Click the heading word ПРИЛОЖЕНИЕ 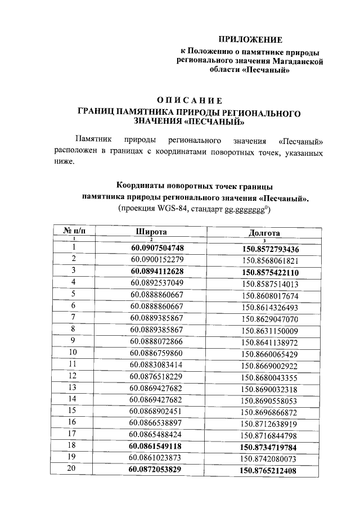(250, 39)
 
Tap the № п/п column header (74, 231)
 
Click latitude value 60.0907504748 (157, 248)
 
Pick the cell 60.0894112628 (157, 271)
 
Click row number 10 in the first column (73, 353)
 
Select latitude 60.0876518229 (157, 376)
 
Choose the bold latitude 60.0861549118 (156, 446)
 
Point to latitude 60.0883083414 (157, 364)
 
